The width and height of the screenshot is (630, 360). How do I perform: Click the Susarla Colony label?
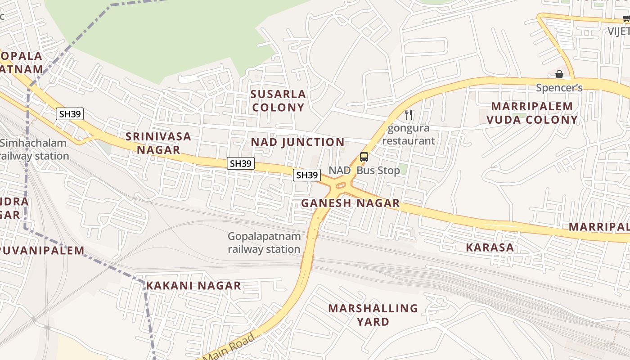pos(278,101)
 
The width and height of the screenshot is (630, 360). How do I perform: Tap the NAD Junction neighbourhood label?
pos(297,142)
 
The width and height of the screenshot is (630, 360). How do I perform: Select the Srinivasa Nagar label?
pos(158,143)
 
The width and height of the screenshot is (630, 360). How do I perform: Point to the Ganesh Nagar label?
pos(350,203)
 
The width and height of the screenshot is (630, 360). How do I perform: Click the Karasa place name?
pos(490,247)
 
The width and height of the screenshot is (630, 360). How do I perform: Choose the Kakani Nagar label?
pos(193,286)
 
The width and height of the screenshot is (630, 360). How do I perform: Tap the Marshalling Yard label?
pos(373,315)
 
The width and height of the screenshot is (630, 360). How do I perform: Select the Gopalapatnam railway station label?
pos(264,243)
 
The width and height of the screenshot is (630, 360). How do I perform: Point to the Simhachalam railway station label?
pos(34,149)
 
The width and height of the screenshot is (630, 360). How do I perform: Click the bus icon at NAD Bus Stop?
pos(364,157)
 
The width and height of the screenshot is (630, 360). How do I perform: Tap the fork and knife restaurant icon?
pos(409,115)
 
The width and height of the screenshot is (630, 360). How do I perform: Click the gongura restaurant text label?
pos(409,135)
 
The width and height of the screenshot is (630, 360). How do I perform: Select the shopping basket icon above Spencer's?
pos(559,74)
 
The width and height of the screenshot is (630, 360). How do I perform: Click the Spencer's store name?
pos(559,88)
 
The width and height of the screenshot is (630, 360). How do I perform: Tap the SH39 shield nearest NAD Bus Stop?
pos(307,175)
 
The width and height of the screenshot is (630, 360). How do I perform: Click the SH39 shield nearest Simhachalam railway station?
pos(70,114)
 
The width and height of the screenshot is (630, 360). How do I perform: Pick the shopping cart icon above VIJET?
pos(626,19)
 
